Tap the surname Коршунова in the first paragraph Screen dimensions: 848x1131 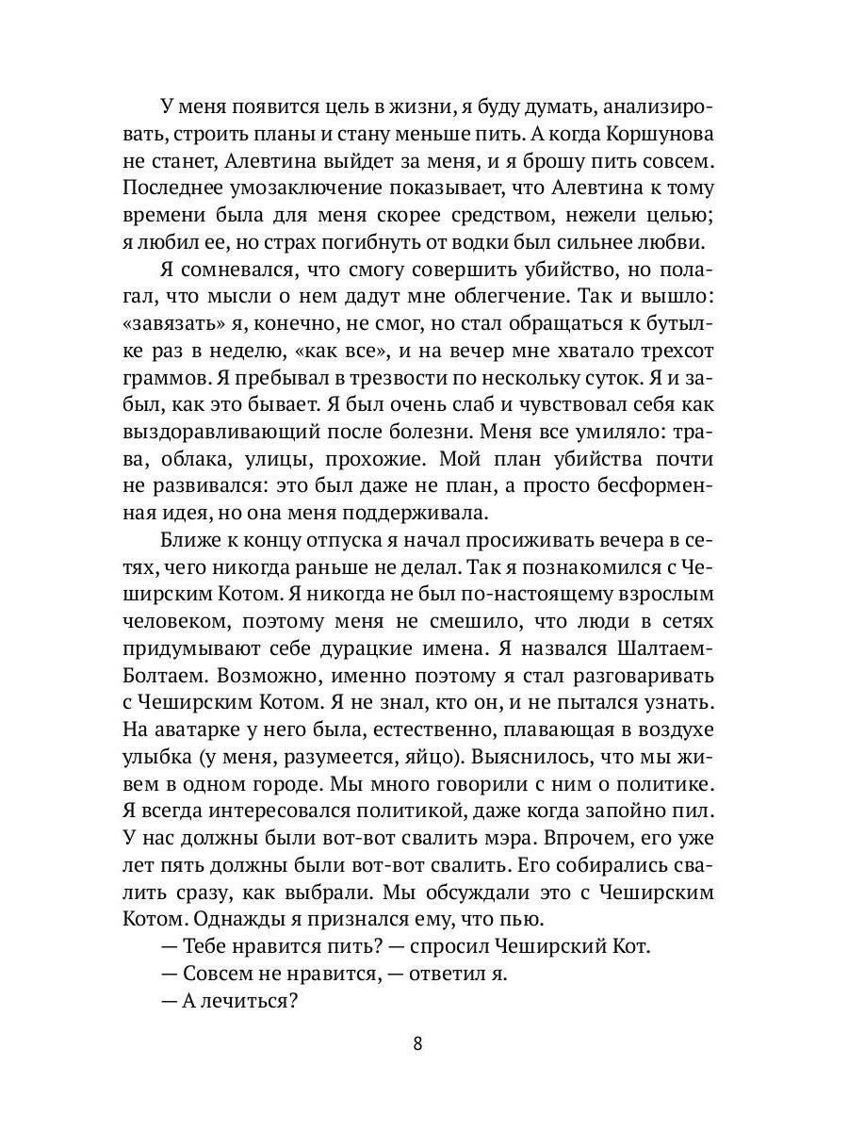click(x=656, y=130)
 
